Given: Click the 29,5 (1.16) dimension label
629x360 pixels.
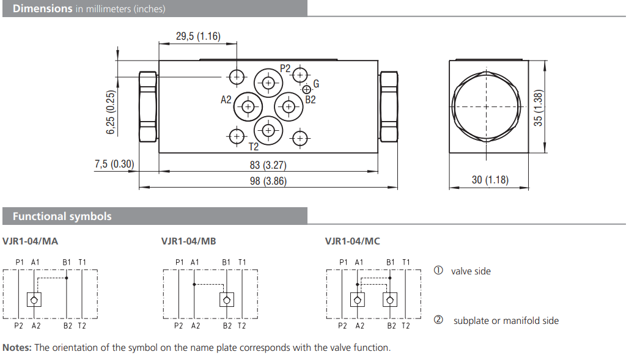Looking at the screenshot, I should click(197, 36).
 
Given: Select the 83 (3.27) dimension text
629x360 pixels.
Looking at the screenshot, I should click(267, 165).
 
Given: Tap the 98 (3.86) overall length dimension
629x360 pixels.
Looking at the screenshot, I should click(267, 181).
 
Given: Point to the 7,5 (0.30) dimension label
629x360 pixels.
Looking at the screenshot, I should click(114, 164).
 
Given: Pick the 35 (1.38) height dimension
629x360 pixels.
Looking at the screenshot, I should click(539, 108).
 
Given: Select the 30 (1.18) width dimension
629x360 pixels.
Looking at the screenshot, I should click(490, 180).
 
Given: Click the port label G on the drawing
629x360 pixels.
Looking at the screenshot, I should click(316, 84).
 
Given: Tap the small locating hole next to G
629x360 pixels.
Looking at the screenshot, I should click(306, 89).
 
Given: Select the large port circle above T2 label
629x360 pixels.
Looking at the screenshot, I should click(268, 129).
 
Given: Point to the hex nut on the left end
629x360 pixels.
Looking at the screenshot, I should click(148, 107).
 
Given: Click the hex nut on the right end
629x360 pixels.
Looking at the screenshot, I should click(389, 107).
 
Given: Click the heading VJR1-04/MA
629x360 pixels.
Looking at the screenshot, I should click(30, 241).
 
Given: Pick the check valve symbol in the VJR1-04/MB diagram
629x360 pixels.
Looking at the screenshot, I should click(227, 299).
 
